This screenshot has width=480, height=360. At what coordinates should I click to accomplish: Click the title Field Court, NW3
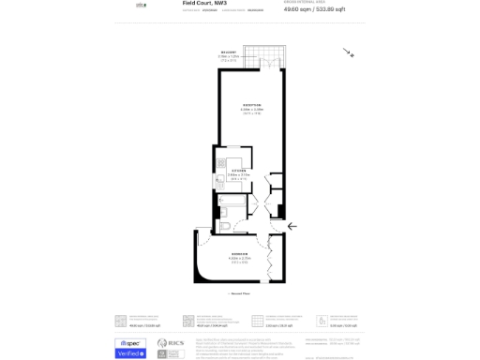[x=203, y=4]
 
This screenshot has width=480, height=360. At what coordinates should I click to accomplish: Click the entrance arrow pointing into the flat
[x=292, y=226]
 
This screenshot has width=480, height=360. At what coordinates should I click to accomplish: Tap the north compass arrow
[x=349, y=53]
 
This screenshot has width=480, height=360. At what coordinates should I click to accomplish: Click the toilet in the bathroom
[x=226, y=225]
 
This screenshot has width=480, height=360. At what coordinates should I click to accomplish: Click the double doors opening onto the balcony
[x=269, y=65]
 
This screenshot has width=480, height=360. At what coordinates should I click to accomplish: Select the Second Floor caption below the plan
[x=240, y=293]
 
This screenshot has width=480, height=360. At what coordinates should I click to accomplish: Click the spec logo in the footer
[x=130, y=342]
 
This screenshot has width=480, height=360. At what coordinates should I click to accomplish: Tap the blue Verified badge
[x=130, y=353]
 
